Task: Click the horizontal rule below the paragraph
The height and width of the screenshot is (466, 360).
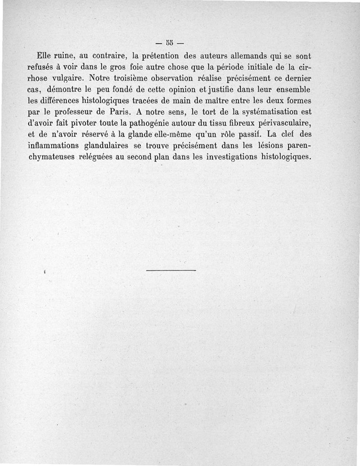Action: [171, 270]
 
